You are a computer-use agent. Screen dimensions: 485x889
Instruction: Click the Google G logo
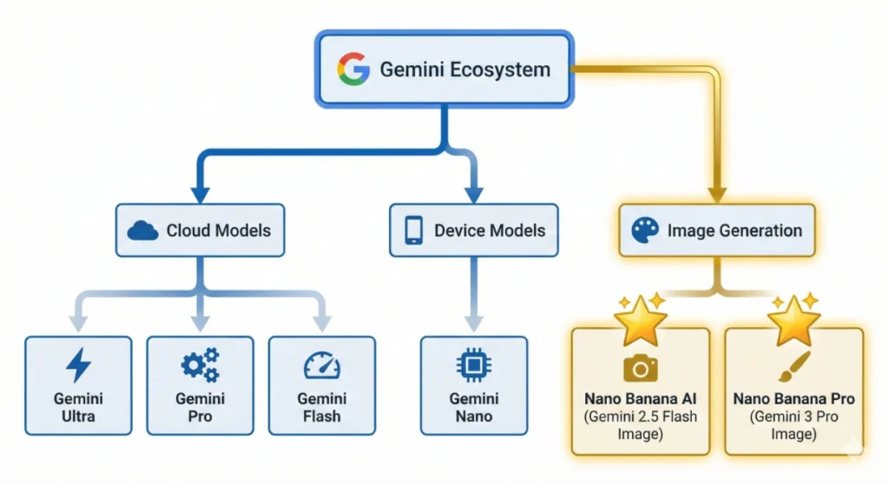(x=353, y=69)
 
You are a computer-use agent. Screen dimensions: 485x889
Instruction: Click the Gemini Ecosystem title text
(x=464, y=69)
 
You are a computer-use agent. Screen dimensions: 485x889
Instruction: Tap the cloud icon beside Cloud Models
(x=142, y=231)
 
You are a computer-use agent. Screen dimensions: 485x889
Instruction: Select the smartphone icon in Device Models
(x=414, y=230)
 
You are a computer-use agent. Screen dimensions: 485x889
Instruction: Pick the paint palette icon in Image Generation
(x=645, y=231)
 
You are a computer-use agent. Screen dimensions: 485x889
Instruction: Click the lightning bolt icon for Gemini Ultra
(x=78, y=364)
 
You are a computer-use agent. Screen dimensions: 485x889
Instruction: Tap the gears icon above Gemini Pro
(x=200, y=364)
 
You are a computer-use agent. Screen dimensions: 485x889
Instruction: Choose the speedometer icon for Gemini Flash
(x=321, y=366)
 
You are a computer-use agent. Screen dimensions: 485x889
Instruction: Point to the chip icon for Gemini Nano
(x=473, y=365)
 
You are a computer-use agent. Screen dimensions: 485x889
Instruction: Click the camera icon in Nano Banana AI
(x=641, y=369)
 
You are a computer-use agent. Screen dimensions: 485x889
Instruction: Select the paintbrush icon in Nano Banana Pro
(x=794, y=368)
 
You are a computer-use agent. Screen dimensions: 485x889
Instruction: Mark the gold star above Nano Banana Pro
(x=794, y=320)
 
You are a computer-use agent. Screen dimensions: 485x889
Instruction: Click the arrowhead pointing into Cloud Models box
(x=200, y=196)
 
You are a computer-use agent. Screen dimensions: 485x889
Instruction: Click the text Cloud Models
(x=218, y=231)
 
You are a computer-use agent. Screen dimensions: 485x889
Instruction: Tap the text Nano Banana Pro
(x=794, y=399)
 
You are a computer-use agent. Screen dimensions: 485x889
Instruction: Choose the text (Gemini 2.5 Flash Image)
(x=641, y=423)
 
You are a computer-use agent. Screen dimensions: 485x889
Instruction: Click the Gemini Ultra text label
(x=78, y=407)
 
